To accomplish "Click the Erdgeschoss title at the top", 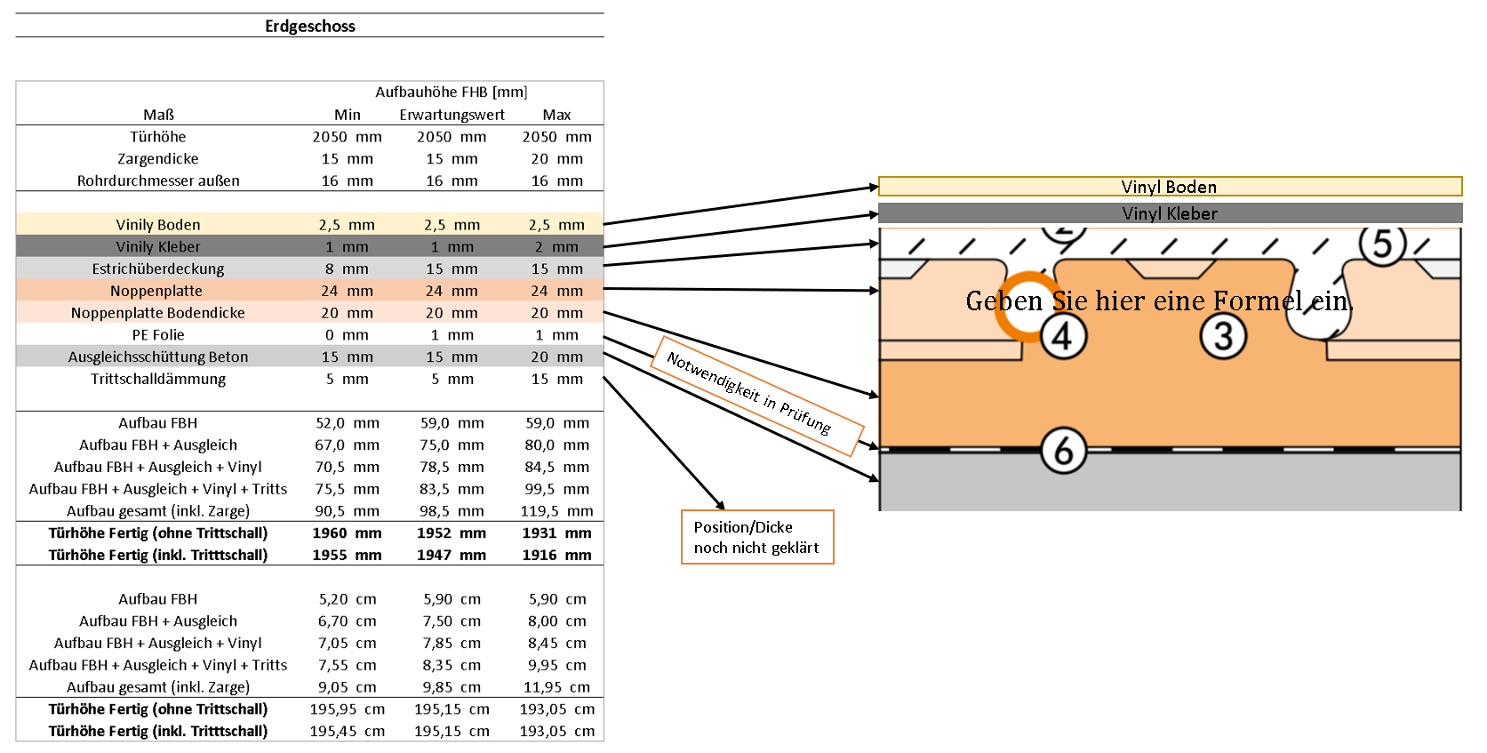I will coord(309,26).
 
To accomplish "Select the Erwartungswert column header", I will coord(452,115).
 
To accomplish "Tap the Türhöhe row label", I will coord(158,137).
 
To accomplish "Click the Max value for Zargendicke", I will coord(556,159).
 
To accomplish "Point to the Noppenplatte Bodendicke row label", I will coord(158,313).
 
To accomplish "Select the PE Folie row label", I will coord(158,335).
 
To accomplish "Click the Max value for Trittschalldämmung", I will coord(556,379).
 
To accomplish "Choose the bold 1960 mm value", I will coord(346,533).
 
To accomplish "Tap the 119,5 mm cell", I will coord(556,511).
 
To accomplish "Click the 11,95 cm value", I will coord(556,687).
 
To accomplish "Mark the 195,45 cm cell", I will coord(347,731).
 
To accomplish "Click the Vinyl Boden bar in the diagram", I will coord(1169,187).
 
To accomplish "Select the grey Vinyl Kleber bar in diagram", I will coord(1169,213).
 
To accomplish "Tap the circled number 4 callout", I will coord(1063,337).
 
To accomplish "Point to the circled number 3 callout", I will coord(1223,337).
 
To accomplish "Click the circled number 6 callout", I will coord(1063,451).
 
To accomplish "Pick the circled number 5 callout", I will coord(1381,244).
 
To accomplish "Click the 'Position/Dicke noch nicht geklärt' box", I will coord(756,537).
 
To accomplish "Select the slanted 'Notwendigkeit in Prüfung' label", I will coord(749,392).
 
